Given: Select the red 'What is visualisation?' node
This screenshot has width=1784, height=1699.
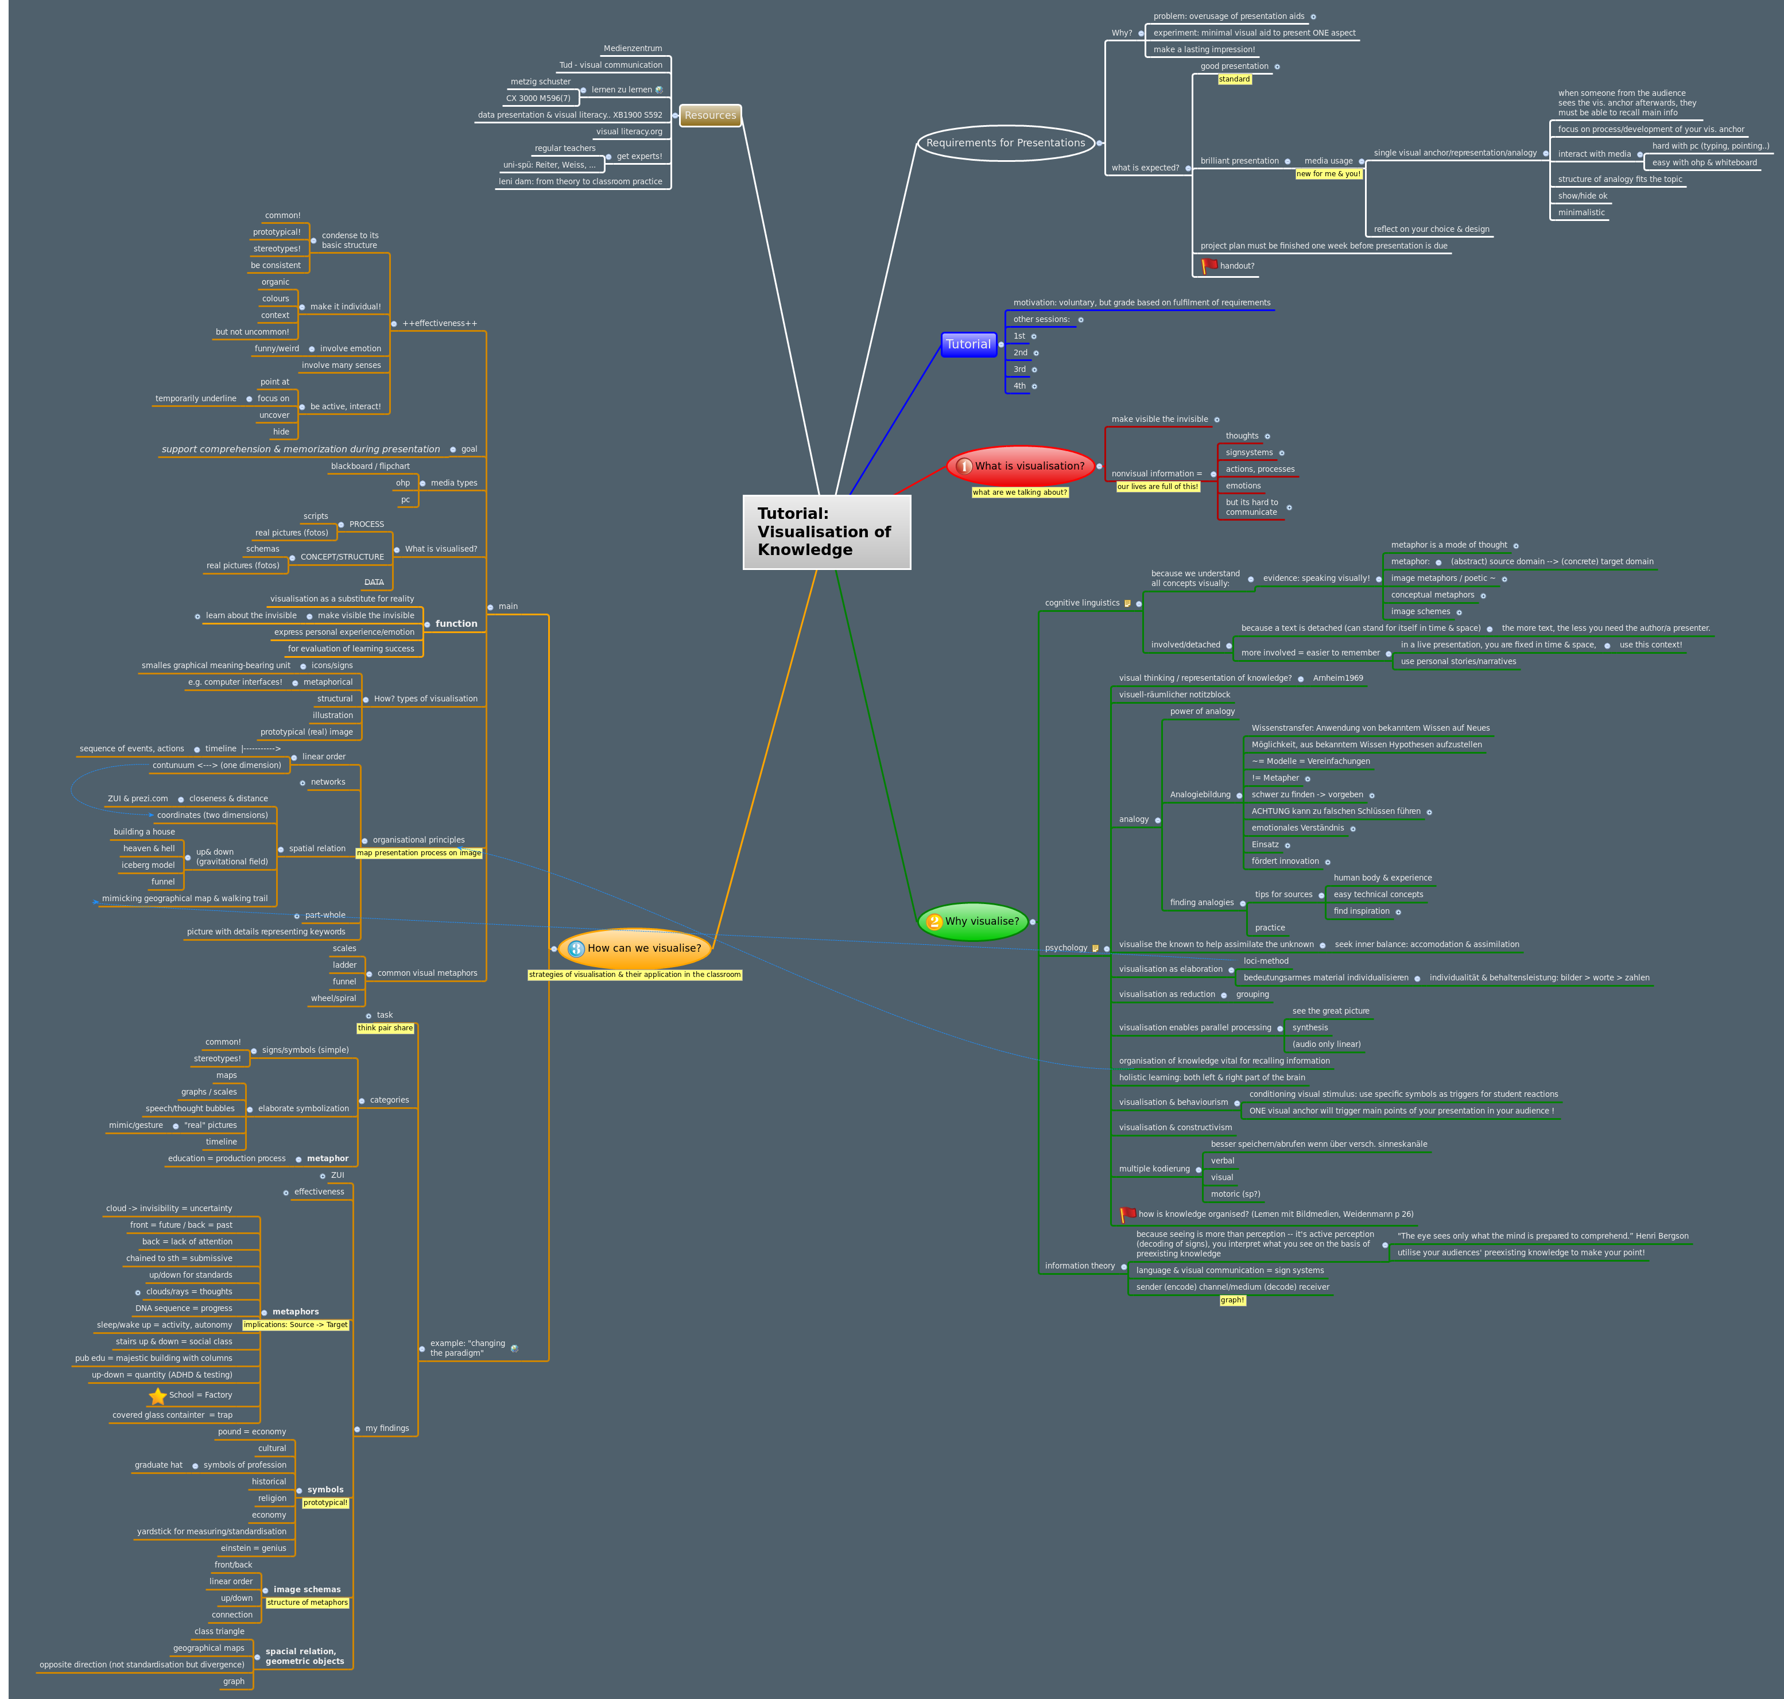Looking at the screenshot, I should [x=1022, y=466].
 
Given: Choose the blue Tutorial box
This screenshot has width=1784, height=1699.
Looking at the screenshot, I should [x=968, y=344].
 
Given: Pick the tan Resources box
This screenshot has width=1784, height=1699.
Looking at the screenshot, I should [x=710, y=115].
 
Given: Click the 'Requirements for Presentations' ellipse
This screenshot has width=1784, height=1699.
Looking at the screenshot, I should [x=1005, y=143].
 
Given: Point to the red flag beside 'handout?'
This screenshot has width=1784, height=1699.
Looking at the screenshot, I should [x=1209, y=265].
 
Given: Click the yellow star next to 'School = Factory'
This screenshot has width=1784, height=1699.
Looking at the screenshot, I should [x=158, y=1395].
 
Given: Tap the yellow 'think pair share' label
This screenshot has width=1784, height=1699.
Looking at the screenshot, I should [x=385, y=1028].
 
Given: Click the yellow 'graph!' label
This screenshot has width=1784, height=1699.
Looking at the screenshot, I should [x=1232, y=1301].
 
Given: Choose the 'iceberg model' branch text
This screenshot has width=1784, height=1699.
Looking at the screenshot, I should [x=148, y=865].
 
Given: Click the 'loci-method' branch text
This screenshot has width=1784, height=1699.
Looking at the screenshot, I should [x=1265, y=961].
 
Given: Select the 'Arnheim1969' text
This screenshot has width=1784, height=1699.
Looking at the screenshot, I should [x=1337, y=678].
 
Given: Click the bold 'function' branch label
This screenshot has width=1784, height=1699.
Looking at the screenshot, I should [x=456, y=623].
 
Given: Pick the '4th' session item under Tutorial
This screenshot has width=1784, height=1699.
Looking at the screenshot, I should [x=1019, y=386].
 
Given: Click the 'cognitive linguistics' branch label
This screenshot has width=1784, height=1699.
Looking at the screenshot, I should [x=1081, y=603].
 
